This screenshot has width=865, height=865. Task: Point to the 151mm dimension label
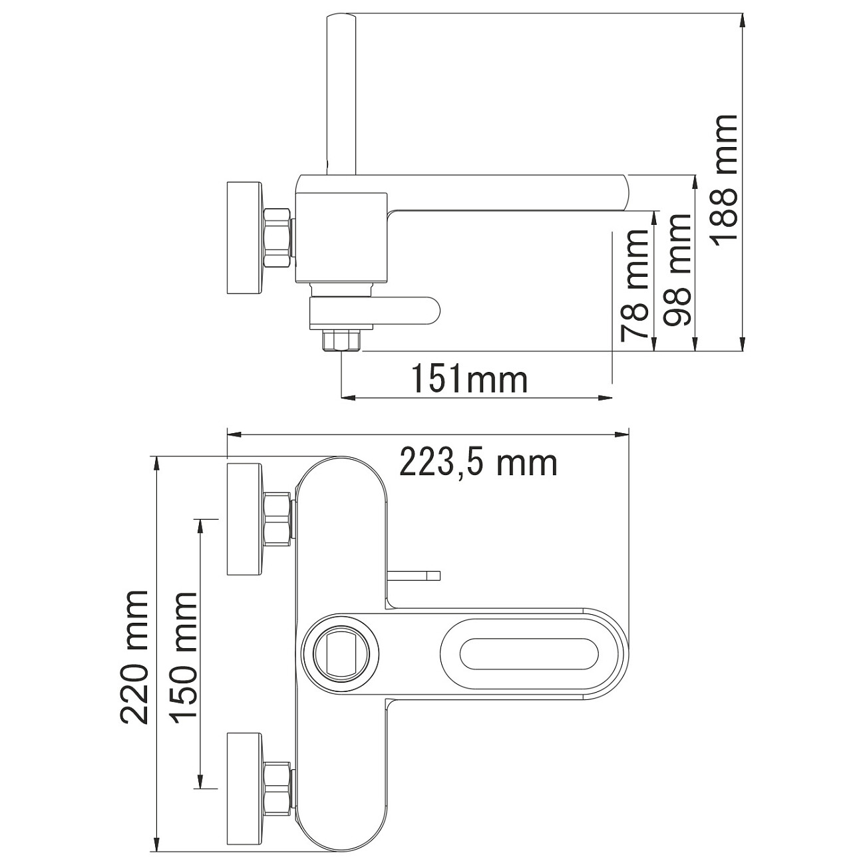coord(469,380)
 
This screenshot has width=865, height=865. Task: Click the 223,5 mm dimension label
coord(478,462)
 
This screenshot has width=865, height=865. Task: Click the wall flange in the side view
coord(244,238)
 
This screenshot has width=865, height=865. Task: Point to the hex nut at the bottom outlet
coord(341,339)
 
